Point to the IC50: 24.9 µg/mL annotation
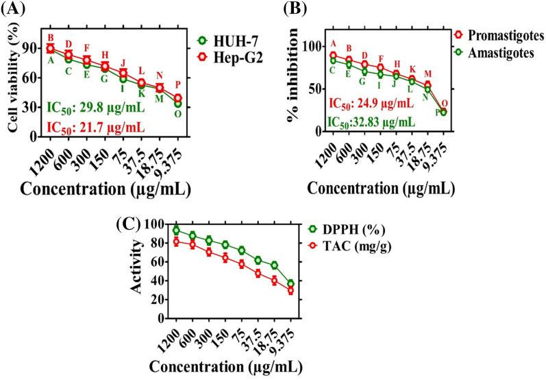(x=371, y=104)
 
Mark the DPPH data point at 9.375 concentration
(x=291, y=283)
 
